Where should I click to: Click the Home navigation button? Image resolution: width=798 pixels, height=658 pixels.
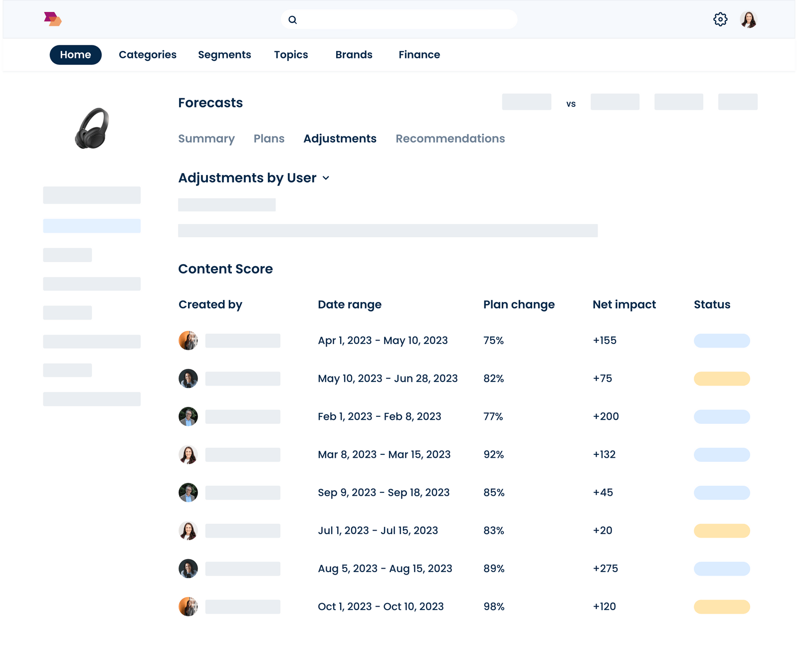(x=75, y=55)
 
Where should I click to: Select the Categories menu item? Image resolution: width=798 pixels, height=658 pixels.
(x=148, y=55)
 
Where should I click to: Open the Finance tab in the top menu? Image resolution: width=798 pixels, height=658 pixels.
(x=419, y=55)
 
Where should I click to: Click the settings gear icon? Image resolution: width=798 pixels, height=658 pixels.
(x=720, y=19)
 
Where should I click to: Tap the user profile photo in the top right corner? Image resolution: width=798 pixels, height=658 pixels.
(x=748, y=19)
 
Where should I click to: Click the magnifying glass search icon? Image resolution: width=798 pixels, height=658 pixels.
(x=293, y=20)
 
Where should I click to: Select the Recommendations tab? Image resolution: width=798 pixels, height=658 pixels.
(x=450, y=139)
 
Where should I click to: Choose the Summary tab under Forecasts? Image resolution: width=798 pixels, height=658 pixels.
(x=206, y=139)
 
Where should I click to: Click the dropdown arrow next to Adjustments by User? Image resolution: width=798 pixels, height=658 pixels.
(x=326, y=178)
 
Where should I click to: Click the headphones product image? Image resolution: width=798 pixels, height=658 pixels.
(x=92, y=128)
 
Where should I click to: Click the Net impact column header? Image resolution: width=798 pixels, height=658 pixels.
(x=624, y=305)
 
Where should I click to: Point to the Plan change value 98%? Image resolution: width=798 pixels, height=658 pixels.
(x=494, y=607)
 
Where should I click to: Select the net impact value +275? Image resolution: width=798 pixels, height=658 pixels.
(x=605, y=569)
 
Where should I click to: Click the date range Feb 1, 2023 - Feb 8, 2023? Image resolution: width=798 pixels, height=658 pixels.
(x=379, y=416)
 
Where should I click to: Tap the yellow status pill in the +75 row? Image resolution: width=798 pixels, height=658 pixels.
(x=721, y=378)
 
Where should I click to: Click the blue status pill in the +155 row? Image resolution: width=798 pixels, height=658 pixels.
(x=721, y=340)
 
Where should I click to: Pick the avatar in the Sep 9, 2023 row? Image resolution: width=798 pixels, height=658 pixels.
(x=188, y=493)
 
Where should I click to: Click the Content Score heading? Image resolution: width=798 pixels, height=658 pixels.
(x=225, y=269)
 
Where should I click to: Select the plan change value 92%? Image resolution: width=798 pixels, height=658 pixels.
(x=493, y=455)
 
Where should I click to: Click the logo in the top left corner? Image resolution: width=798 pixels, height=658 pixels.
(x=52, y=19)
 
